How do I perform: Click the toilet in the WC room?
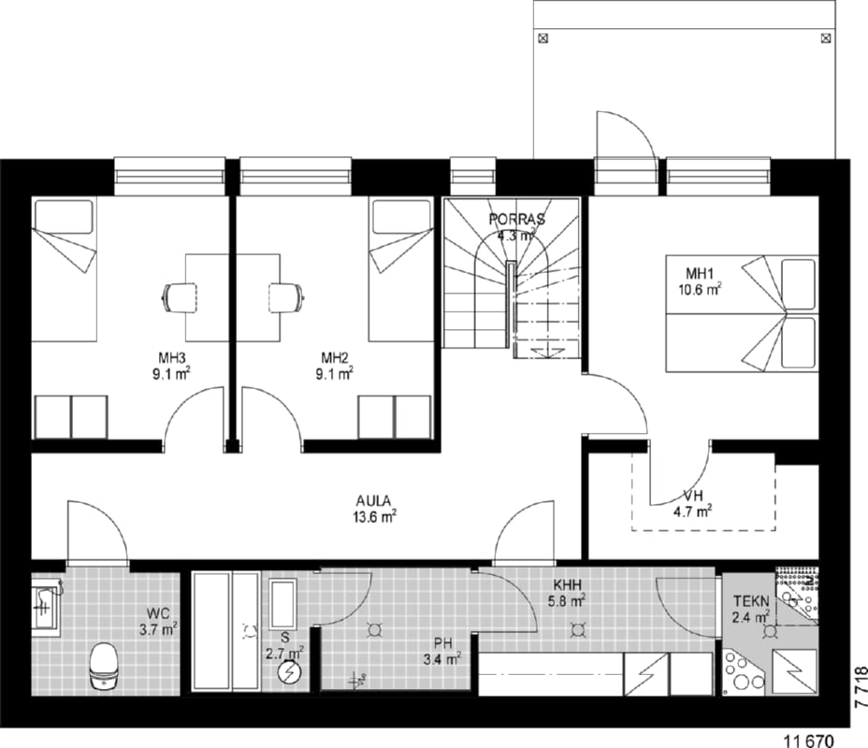(104, 666)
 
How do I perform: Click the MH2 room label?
(335, 356)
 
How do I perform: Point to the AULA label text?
(373, 501)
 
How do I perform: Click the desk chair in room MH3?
(180, 298)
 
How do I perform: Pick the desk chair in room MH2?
(287, 298)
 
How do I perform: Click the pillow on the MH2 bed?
(401, 217)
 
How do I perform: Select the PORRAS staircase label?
(517, 219)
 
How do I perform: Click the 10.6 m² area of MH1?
(701, 289)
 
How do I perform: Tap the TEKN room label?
(751, 601)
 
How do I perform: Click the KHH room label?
(568, 584)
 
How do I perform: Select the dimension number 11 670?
(809, 740)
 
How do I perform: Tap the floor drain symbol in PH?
(375, 629)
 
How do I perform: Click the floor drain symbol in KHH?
(579, 629)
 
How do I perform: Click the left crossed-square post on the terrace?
(543, 38)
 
